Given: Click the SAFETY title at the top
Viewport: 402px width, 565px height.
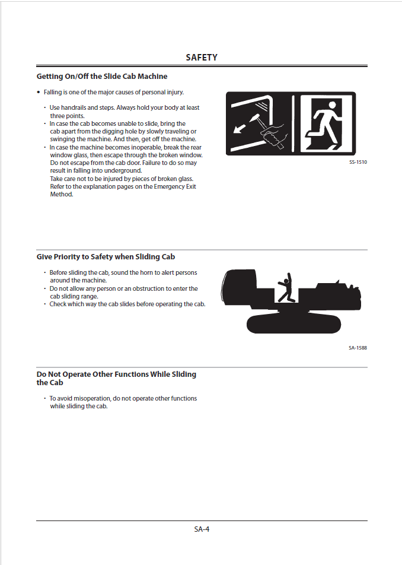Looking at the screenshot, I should click(x=202, y=58).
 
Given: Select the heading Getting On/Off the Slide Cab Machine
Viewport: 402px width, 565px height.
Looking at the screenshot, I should click(x=102, y=77).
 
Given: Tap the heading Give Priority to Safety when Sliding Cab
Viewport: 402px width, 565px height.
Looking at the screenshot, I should click(x=106, y=257).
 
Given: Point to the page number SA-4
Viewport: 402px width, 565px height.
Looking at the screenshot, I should click(x=202, y=529).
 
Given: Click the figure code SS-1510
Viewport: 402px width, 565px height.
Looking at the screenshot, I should click(x=358, y=162).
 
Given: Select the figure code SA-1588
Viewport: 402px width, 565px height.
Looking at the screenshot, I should click(x=358, y=348).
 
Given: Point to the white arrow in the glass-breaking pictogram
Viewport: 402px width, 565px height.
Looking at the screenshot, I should click(x=241, y=128).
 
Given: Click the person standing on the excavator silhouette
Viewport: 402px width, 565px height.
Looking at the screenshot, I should click(x=287, y=288).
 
